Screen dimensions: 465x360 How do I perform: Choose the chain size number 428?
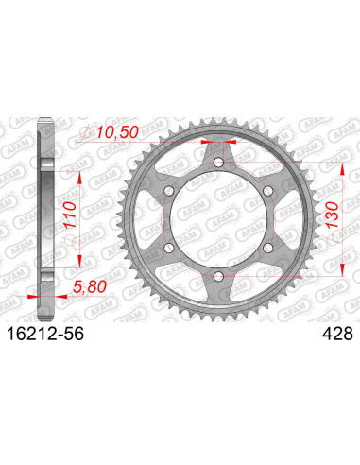point(336,333)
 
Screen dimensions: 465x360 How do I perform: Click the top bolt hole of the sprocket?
point(219,164)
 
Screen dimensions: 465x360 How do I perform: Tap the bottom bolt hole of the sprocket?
point(219,276)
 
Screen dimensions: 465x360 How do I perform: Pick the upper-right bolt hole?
point(267,193)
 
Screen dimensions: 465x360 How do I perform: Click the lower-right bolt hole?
point(267,249)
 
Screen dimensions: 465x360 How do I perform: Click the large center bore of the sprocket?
point(219,220)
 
